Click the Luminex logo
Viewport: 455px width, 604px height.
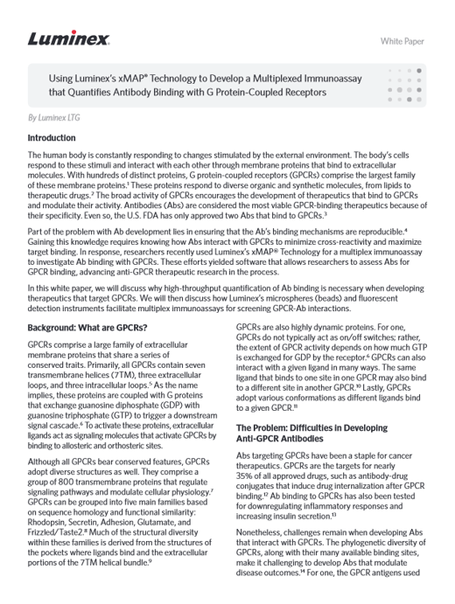[68, 38]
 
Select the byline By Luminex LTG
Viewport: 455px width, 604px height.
[56, 116]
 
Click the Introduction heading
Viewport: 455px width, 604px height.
[57, 138]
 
